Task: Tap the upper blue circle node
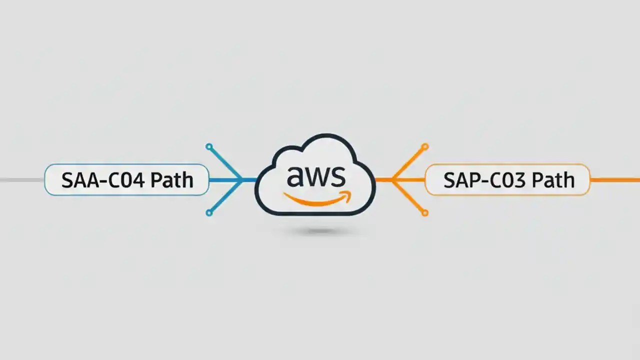coord(209,147)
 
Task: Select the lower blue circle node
coord(209,213)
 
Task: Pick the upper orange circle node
coord(425,147)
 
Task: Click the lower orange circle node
coord(425,213)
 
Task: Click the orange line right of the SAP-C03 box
coord(615,180)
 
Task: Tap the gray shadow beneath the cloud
coord(320,230)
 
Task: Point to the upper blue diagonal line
coord(225,163)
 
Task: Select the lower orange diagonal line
coord(409,197)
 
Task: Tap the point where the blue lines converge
coord(242,180)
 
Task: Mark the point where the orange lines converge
coord(392,180)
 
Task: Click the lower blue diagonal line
coord(225,197)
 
